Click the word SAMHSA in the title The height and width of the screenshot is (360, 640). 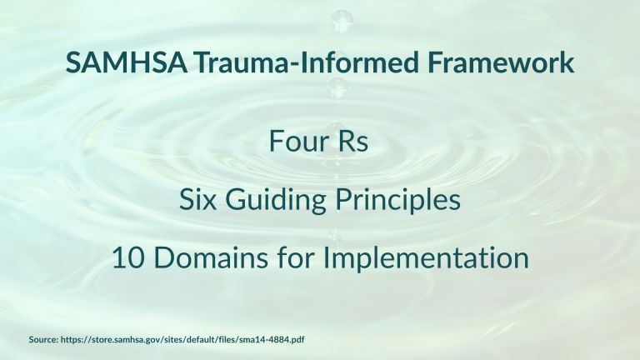(x=126, y=62)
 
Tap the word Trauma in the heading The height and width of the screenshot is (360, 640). (x=241, y=62)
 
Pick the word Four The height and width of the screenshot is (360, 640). (x=299, y=141)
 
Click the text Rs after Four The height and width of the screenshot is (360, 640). (x=352, y=141)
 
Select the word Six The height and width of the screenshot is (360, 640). (x=197, y=199)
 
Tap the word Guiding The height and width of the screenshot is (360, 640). (x=276, y=200)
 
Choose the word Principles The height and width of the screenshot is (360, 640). (x=398, y=200)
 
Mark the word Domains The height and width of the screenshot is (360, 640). (x=211, y=258)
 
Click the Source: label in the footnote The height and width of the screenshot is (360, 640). (x=43, y=340)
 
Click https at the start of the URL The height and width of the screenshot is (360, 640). (x=72, y=340)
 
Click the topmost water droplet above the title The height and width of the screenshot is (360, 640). (x=340, y=20)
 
